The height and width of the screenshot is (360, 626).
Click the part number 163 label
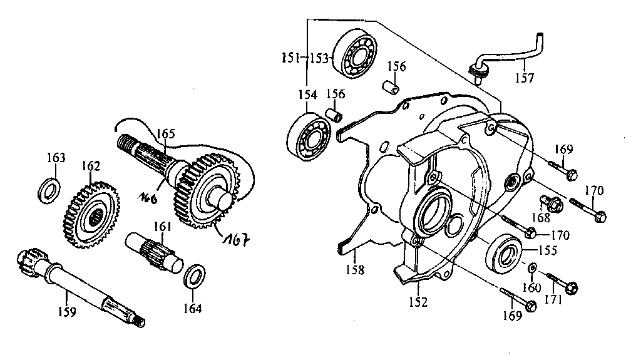click(x=56, y=158)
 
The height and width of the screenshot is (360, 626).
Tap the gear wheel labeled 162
click(x=91, y=215)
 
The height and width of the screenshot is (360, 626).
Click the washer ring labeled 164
click(x=195, y=275)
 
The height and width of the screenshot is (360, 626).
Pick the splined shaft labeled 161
click(x=154, y=254)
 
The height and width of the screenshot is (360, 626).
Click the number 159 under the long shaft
click(x=67, y=312)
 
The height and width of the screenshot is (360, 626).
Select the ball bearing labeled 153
click(x=356, y=53)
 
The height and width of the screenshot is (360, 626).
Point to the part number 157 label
click(x=524, y=78)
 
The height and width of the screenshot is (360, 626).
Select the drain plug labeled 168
click(x=552, y=203)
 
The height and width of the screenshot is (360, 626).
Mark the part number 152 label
click(x=418, y=302)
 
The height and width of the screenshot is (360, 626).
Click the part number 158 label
click(x=355, y=270)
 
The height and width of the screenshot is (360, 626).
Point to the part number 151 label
click(x=290, y=58)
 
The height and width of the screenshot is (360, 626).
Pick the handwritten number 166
click(x=148, y=197)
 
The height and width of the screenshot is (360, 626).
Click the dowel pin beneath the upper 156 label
click(x=391, y=87)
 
